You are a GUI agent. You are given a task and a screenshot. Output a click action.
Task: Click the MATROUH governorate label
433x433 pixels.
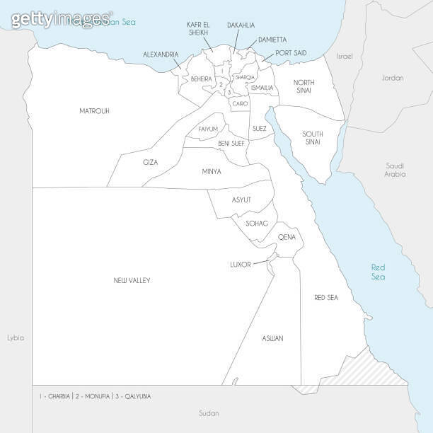click(x=94, y=111)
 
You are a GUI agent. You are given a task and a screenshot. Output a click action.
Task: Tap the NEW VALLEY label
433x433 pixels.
click(x=132, y=280)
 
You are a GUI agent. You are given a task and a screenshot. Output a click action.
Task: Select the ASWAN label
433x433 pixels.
click(x=272, y=338)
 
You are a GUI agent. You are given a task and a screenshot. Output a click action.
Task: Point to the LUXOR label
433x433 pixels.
click(x=241, y=265)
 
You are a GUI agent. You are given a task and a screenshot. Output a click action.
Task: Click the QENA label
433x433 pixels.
click(x=287, y=237)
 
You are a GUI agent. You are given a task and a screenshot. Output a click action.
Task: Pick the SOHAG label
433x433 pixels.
click(x=256, y=224)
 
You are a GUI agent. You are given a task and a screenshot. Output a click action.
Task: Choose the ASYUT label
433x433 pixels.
click(x=241, y=200)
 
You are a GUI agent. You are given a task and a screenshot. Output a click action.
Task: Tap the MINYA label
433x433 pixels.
click(x=211, y=171)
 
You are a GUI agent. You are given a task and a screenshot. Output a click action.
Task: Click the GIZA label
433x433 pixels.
click(x=151, y=162)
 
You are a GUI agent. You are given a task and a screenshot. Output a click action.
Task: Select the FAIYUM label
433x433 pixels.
click(x=208, y=129)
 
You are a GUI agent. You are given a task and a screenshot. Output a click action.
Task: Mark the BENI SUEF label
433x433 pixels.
click(x=231, y=143)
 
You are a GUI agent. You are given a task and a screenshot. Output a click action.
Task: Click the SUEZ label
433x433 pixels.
click(x=260, y=129)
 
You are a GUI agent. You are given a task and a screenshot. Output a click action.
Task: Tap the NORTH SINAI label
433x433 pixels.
click(x=304, y=86)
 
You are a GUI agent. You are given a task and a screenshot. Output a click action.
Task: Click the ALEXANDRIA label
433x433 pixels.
click(x=161, y=54)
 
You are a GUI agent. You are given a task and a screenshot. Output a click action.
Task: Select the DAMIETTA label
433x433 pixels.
click(x=272, y=40)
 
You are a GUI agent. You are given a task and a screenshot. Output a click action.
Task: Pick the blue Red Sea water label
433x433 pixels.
click(x=379, y=272)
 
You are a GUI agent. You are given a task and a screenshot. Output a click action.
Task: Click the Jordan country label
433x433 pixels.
click(x=392, y=78)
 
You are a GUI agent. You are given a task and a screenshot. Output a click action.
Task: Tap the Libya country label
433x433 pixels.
click(x=16, y=337)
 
